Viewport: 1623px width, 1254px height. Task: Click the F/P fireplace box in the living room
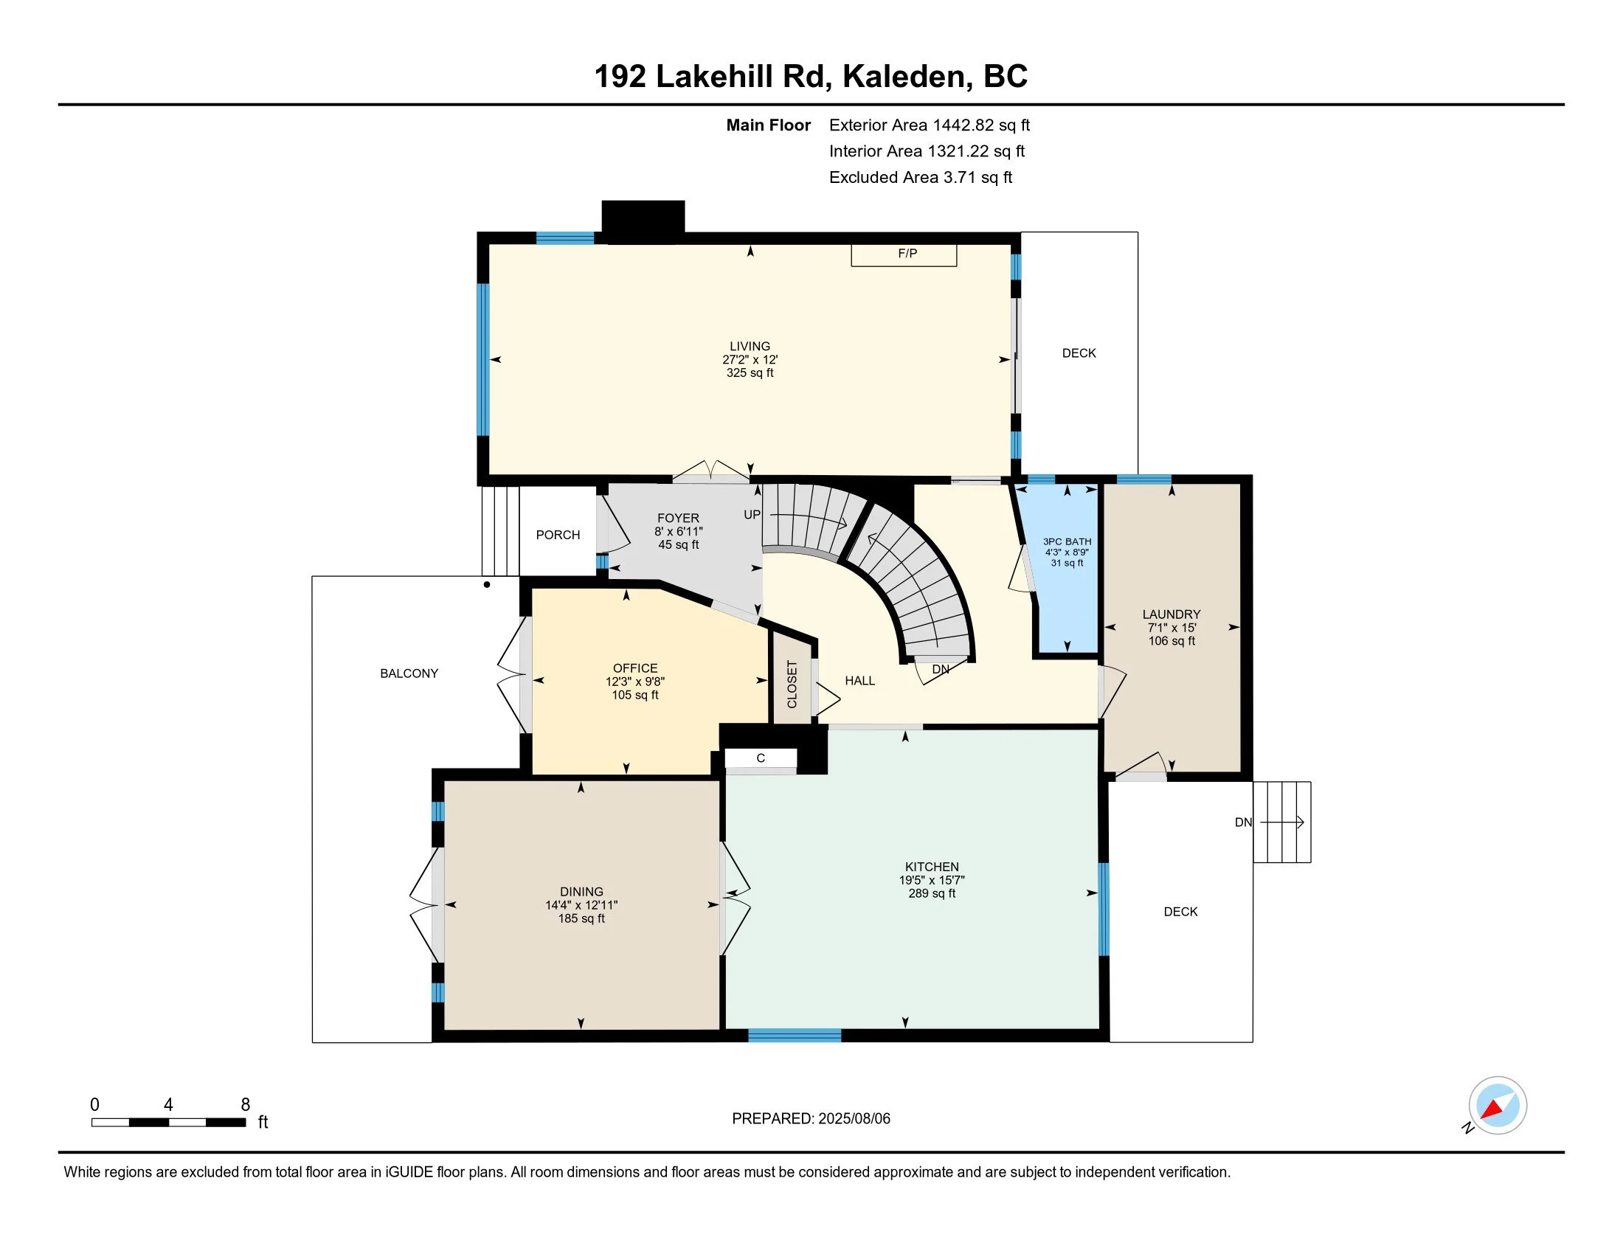click(904, 254)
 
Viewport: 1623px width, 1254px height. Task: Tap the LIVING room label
click(750, 346)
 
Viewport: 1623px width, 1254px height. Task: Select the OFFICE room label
click(635, 668)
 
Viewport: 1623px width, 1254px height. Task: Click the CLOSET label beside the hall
click(792, 685)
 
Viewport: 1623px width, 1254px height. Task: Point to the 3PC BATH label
click(1067, 541)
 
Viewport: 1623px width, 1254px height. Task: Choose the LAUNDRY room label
click(1172, 614)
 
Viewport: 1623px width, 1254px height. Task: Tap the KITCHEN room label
click(932, 867)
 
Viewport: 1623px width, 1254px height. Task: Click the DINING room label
click(582, 892)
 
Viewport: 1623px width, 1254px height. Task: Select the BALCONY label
click(409, 673)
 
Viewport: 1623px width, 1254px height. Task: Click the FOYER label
click(679, 519)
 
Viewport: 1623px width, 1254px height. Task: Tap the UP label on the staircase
click(752, 515)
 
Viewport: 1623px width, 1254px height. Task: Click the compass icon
click(1498, 1105)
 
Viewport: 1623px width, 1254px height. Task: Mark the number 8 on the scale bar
click(246, 1105)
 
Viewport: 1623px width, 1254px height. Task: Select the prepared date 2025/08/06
click(854, 1119)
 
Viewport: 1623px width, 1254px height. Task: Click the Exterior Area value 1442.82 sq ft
click(982, 125)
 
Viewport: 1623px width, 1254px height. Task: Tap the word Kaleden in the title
click(907, 77)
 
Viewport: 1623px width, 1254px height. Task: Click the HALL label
click(859, 681)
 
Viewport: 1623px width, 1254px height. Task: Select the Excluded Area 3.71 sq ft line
click(921, 178)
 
